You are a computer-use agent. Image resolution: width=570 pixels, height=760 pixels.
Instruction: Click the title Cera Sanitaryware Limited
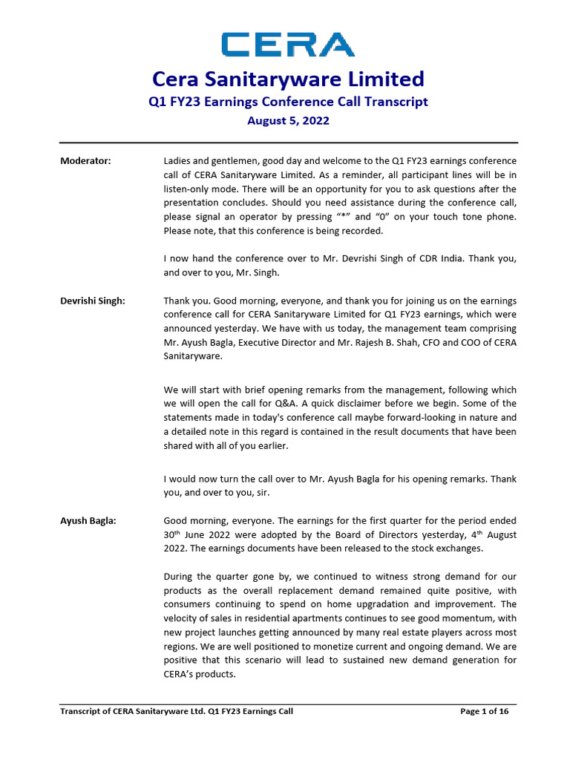point(288,79)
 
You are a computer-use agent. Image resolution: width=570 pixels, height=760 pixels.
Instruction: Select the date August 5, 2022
point(288,120)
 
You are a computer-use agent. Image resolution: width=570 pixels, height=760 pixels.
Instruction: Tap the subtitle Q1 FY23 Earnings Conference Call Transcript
point(288,102)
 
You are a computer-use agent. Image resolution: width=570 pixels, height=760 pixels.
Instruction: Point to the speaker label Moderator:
point(85,161)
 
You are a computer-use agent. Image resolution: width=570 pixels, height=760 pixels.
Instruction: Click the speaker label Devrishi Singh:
point(93,301)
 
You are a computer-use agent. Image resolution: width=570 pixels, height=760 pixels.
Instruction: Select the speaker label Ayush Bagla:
point(88,520)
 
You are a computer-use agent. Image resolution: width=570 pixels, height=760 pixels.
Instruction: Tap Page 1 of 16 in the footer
point(485,711)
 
